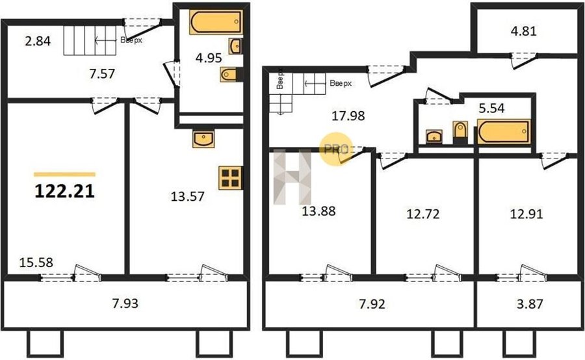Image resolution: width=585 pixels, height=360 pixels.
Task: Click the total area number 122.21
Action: pos(64,192)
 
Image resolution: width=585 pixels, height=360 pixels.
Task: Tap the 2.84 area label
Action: pos(38,41)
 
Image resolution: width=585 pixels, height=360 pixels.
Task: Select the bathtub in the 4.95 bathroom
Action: pos(216,22)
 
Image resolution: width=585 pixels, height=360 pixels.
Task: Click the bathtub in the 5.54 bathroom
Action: pos(504,131)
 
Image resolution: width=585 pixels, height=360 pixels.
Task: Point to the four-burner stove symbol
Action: pos(230,177)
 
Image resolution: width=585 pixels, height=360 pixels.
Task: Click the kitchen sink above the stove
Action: pos(203,138)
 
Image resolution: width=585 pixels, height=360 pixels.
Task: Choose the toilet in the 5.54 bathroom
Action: pos(460,133)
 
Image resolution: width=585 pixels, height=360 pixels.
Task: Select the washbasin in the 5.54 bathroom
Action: pos(434,136)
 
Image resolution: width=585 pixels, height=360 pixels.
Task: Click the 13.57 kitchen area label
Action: pos(187,196)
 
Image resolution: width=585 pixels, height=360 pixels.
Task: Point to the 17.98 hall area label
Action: pos(348,116)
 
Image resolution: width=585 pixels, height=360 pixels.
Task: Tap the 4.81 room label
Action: pos(523,31)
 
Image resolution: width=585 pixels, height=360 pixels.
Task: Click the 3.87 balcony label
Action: pos(530,303)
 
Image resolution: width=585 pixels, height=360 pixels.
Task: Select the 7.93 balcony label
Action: pos(125,303)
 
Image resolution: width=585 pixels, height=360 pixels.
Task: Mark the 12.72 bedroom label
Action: pos(422,214)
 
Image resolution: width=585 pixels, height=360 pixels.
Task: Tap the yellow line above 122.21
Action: pos(64,174)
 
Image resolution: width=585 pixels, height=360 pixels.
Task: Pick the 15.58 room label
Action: pos(36,263)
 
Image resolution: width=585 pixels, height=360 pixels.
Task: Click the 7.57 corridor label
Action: pos(102,74)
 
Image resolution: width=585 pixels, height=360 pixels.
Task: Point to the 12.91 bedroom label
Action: pos(526,214)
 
